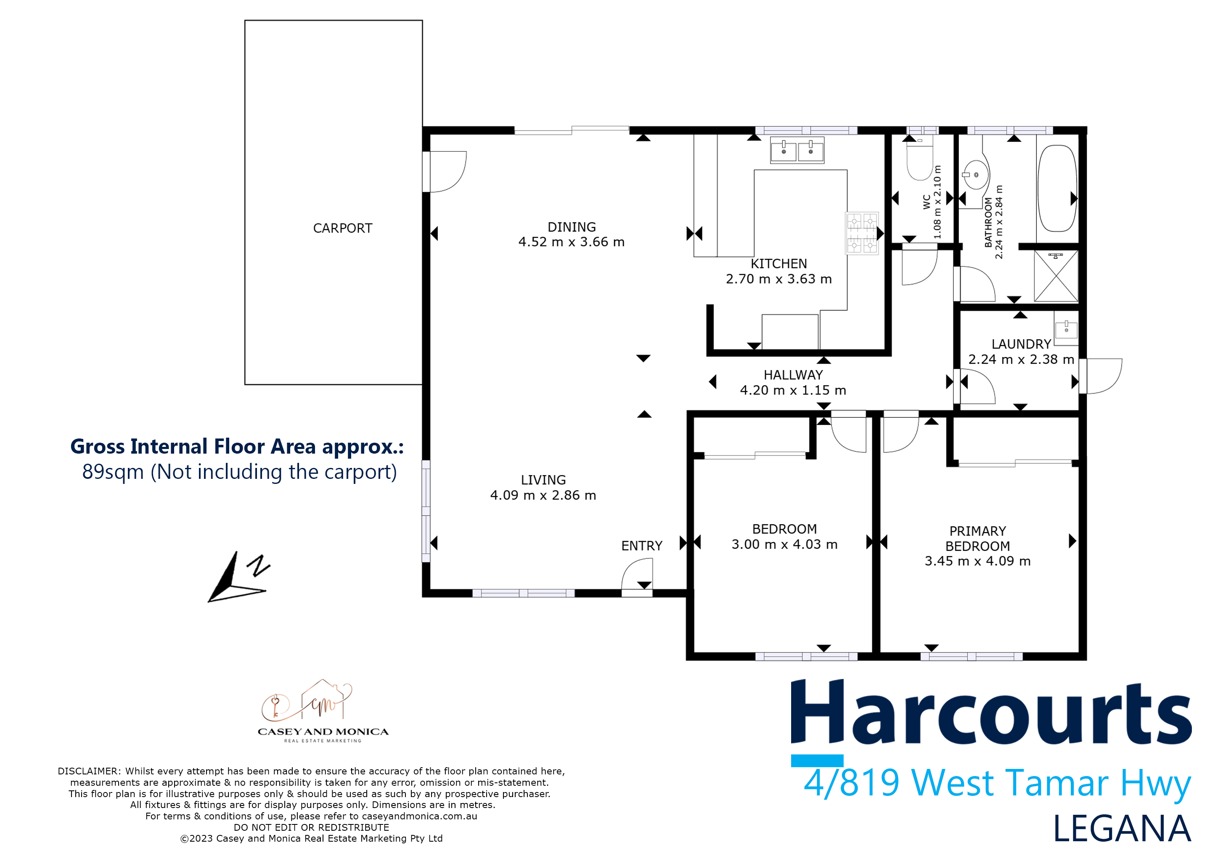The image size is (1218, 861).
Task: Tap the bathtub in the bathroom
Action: coord(1057,188)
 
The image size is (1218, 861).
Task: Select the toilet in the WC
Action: coord(919,160)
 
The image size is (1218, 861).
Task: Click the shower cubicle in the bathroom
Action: coord(1056,276)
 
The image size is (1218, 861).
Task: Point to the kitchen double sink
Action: coord(797,150)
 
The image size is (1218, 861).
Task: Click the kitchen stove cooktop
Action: coord(861,233)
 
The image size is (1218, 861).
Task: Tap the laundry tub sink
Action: coord(1066,329)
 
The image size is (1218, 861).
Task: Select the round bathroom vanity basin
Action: coord(976,174)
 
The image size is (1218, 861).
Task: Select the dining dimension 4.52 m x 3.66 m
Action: coord(571,242)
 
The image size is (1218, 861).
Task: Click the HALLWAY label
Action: coord(793,375)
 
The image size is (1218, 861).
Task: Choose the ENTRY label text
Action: coord(641,546)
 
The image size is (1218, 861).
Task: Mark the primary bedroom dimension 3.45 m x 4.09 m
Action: coord(977,561)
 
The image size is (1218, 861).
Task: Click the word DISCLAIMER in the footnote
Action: coord(89,771)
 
